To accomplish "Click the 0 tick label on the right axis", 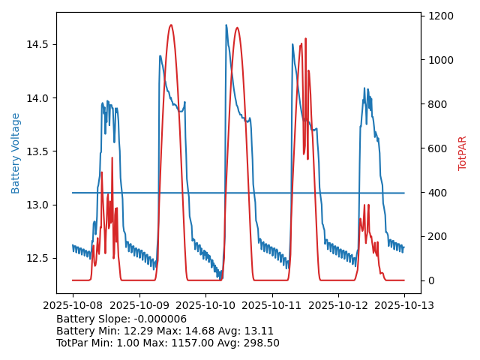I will (432, 280).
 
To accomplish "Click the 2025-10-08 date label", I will (73, 304).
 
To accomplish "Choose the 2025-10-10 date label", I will (205, 304).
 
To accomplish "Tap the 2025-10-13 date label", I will (404, 304).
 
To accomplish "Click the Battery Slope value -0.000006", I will (159, 319).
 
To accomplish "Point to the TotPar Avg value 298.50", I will (261, 343).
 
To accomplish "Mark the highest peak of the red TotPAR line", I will (171, 25).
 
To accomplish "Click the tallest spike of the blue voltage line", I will (226, 25).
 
